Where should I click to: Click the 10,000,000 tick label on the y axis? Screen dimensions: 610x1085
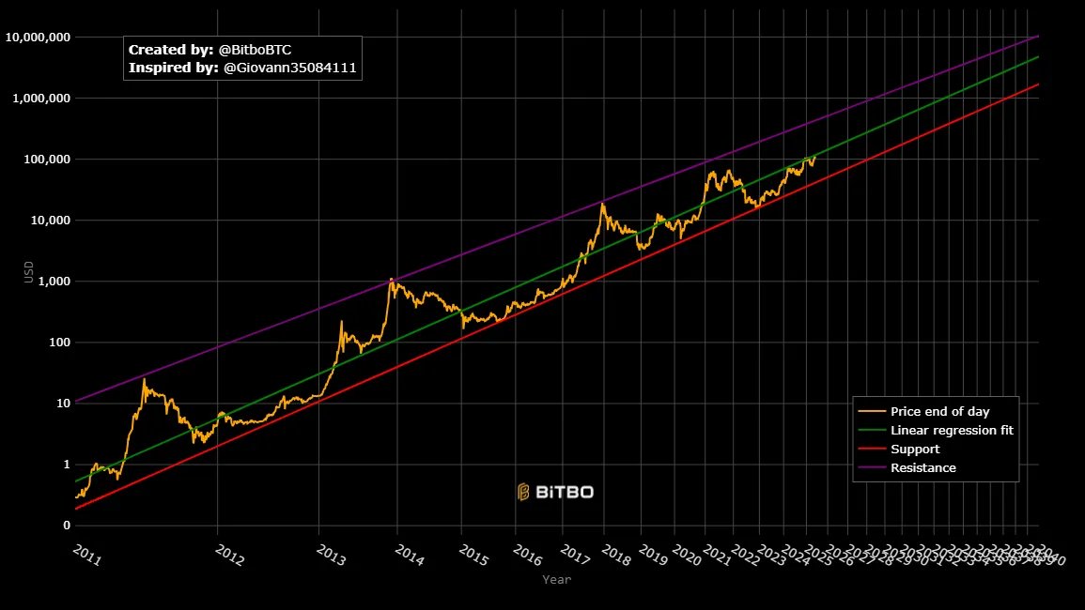click(x=37, y=38)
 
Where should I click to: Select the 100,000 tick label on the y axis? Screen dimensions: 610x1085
click(x=43, y=160)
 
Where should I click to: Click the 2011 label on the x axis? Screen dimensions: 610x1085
click(x=86, y=556)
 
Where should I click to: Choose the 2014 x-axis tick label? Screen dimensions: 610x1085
click(x=410, y=556)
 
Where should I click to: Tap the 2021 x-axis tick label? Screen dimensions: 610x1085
click(x=716, y=556)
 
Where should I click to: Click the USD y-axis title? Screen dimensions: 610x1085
click(x=29, y=271)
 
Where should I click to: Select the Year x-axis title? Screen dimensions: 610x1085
click(x=556, y=580)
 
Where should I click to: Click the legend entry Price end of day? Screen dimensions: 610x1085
click(x=939, y=411)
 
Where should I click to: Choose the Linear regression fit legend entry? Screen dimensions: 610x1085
click(x=951, y=430)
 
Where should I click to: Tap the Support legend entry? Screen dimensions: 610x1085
click(x=915, y=449)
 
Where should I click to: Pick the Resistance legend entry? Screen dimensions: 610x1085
click(x=922, y=467)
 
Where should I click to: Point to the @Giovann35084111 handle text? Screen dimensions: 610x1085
click(x=290, y=69)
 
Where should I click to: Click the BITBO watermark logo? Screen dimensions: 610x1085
click(x=555, y=492)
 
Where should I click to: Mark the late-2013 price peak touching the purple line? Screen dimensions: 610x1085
click(x=391, y=279)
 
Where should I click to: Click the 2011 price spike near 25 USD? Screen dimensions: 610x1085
click(x=144, y=379)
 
